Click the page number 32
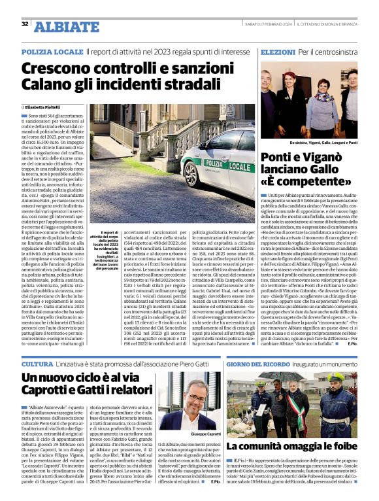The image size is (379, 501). coord(25,24)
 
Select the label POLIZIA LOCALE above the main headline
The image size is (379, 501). coord(52,51)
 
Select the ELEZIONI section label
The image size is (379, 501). coord(278,51)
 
